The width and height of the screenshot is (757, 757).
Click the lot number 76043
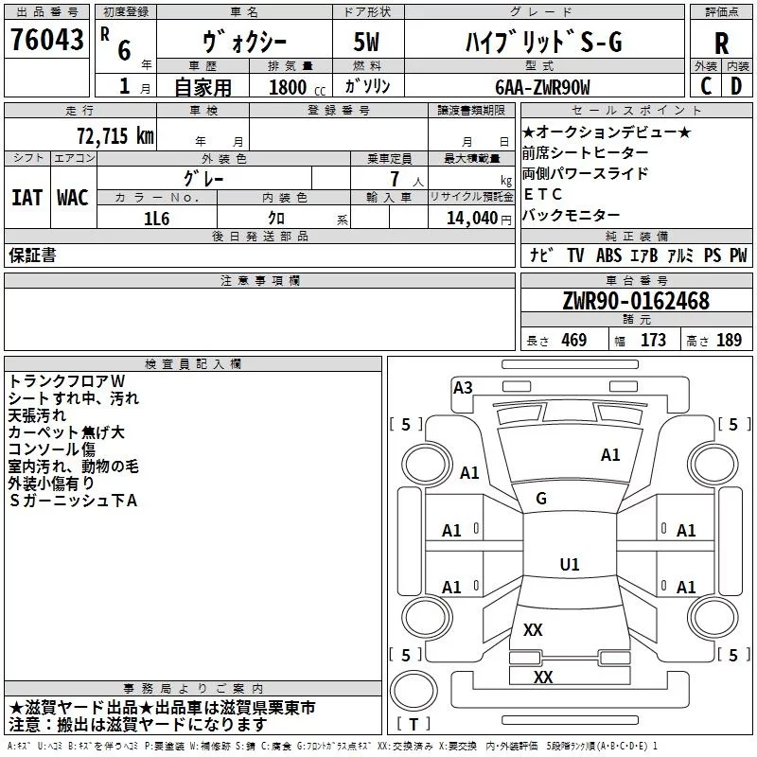(48, 42)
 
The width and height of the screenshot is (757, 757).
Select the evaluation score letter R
(721, 43)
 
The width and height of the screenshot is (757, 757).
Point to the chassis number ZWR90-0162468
(636, 301)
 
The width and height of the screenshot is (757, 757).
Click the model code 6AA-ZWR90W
(542, 87)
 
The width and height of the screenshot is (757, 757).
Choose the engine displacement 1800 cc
(288, 87)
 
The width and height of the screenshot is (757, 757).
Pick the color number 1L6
(157, 218)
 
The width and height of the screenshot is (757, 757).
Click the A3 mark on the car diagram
(463, 387)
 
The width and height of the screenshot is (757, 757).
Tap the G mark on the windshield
(541, 499)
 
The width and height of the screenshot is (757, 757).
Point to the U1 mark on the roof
(569, 565)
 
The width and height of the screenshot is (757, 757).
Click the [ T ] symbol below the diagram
(414, 725)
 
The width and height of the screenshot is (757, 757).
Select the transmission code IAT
(26, 198)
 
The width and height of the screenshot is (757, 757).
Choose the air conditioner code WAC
(72, 198)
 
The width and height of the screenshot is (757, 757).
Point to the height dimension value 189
(729, 341)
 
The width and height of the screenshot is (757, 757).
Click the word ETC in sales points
(543, 194)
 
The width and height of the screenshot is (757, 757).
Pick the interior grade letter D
(735, 86)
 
